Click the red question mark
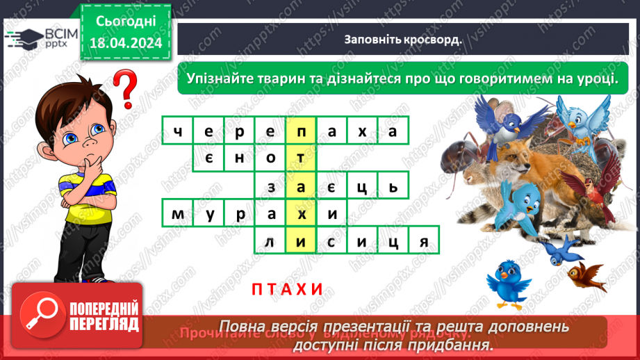pos(124,88)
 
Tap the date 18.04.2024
pos(125,42)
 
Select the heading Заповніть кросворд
pos(403,39)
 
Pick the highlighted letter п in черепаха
pos(301,130)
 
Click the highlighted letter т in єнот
pos(301,158)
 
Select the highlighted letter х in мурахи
pos(301,213)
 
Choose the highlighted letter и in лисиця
pos(301,241)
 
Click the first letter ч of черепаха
pos(178,130)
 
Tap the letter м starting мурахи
pos(178,213)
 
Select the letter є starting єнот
pos(208,158)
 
